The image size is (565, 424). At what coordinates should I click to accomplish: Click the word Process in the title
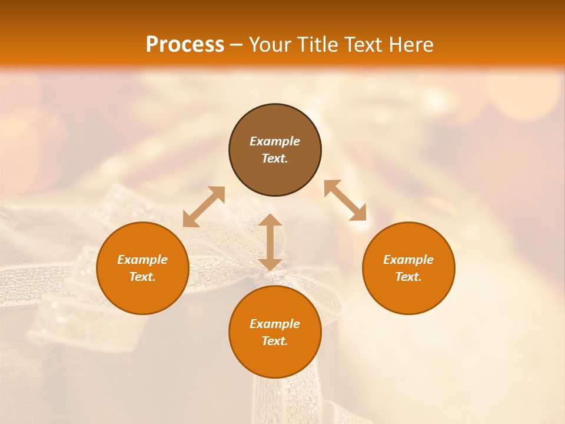click(x=185, y=45)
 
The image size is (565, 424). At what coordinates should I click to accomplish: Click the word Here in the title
click(x=411, y=45)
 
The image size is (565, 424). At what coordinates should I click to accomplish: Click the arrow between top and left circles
click(x=204, y=207)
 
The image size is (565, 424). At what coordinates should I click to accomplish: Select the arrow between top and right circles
click(x=345, y=200)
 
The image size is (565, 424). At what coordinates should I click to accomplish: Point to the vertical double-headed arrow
click(x=270, y=242)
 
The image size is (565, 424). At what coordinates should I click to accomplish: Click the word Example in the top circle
click(x=275, y=141)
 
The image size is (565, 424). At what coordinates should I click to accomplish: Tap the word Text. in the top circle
click(x=275, y=158)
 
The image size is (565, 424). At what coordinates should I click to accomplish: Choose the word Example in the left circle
click(x=142, y=260)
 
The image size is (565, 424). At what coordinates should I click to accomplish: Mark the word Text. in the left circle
click(x=142, y=277)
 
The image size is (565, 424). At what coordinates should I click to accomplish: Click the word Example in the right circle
click(x=408, y=260)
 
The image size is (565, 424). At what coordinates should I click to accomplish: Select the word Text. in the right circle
click(x=408, y=277)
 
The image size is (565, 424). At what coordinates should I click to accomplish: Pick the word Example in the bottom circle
click(x=275, y=324)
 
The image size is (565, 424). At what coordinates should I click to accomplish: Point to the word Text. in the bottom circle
click(x=275, y=341)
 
